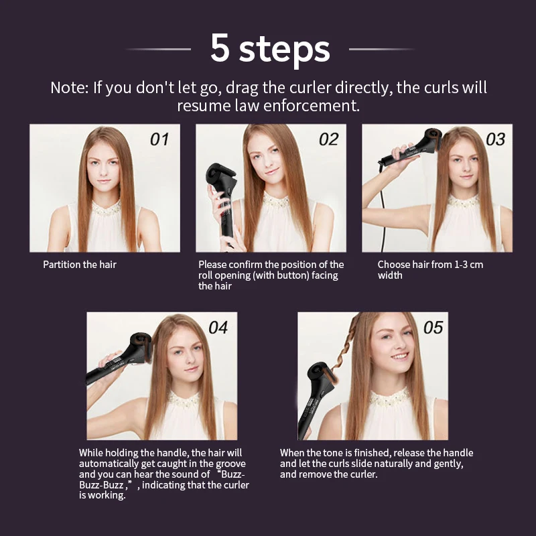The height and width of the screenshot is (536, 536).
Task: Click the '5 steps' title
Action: [270, 49]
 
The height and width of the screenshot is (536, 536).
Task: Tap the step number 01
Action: [159, 139]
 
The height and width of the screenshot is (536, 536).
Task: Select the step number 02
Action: [328, 139]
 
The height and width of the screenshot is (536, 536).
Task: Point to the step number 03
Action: [495, 139]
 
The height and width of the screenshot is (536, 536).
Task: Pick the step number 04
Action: [218, 328]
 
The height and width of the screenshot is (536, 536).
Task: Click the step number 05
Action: [433, 328]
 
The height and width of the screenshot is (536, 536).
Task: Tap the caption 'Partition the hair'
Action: [80, 265]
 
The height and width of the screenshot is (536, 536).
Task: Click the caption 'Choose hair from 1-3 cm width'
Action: [429, 270]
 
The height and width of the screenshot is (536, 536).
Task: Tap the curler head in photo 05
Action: [321, 373]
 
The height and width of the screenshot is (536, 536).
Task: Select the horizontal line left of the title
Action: [158, 49]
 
